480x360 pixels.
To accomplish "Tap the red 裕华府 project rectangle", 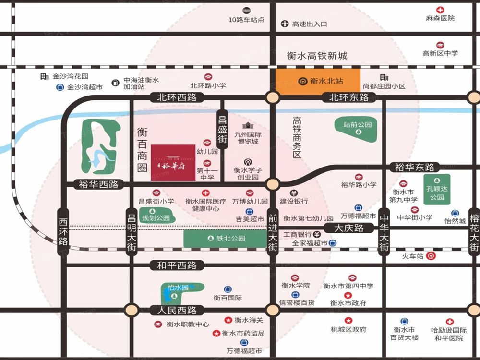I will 173,163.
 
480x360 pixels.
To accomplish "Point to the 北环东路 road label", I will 349,97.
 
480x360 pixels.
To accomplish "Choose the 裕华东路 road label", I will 415,167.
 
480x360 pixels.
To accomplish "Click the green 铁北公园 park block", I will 225,238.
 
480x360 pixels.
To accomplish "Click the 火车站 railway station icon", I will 432,256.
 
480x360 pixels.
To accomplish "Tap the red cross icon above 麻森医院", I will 440,10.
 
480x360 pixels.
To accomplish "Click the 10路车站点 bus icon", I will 247,10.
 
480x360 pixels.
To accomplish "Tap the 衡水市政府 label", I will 348,303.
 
